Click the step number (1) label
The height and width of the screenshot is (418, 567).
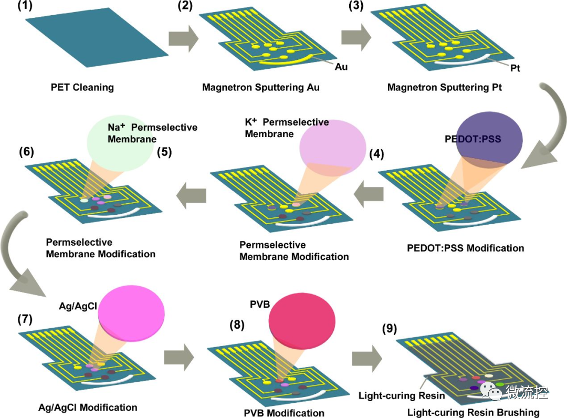tap(25, 6)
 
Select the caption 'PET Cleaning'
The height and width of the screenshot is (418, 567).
tap(82, 87)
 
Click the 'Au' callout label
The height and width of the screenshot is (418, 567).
tap(341, 67)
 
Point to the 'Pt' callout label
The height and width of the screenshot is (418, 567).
tap(515, 68)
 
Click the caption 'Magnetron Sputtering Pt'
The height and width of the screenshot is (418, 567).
tap(445, 87)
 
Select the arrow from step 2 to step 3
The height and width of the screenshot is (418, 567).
tap(356, 37)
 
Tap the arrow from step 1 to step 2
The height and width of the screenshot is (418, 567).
tap(184, 38)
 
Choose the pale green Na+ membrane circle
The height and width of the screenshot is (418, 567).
tap(120, 143)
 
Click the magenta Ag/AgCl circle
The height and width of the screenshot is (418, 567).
tap(131, 313)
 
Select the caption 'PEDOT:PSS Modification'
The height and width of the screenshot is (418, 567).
tap(465, 248)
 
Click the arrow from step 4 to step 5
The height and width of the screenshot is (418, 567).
tap(369, 194)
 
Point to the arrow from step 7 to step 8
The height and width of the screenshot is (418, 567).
tap(179, 357)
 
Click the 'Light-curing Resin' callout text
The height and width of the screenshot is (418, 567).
tap(402, 395)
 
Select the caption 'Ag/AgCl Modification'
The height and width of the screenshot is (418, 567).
tap(88, 407)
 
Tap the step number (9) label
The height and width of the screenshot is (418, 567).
tap(390, 329)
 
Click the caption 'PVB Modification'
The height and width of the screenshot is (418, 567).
tap(284, 413)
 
